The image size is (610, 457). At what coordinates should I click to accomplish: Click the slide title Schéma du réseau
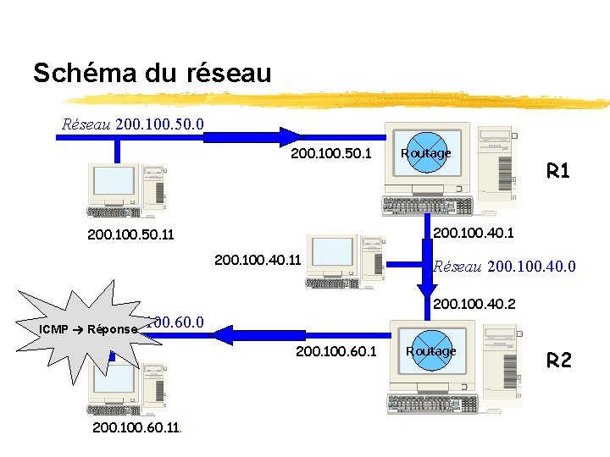tap(152, 73)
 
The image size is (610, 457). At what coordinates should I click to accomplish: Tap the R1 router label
tap(558, 172)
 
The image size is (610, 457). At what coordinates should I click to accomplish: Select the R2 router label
tap(559, 361)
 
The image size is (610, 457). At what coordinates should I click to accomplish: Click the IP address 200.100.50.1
tap(331, 154)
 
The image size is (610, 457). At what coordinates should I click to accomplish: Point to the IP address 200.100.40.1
tap(474, 231)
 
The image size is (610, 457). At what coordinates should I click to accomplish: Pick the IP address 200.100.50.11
tap(130, 234)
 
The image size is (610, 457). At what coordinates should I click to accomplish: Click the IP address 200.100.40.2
tap(474, 303)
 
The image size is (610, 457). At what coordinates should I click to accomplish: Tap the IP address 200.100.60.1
tap(336, 350)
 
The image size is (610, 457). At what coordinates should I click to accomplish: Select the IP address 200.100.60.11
tap(135, 428)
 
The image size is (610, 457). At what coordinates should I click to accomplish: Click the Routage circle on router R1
tap(426, 153)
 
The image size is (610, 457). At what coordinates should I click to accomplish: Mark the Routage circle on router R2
tap(430, 351)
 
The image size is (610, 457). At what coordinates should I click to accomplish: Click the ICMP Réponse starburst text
tap(88, 328)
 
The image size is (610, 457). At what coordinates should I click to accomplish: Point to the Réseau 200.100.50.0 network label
tap(133, 124)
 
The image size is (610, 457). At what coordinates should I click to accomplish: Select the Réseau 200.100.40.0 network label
tap(504, 267)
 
